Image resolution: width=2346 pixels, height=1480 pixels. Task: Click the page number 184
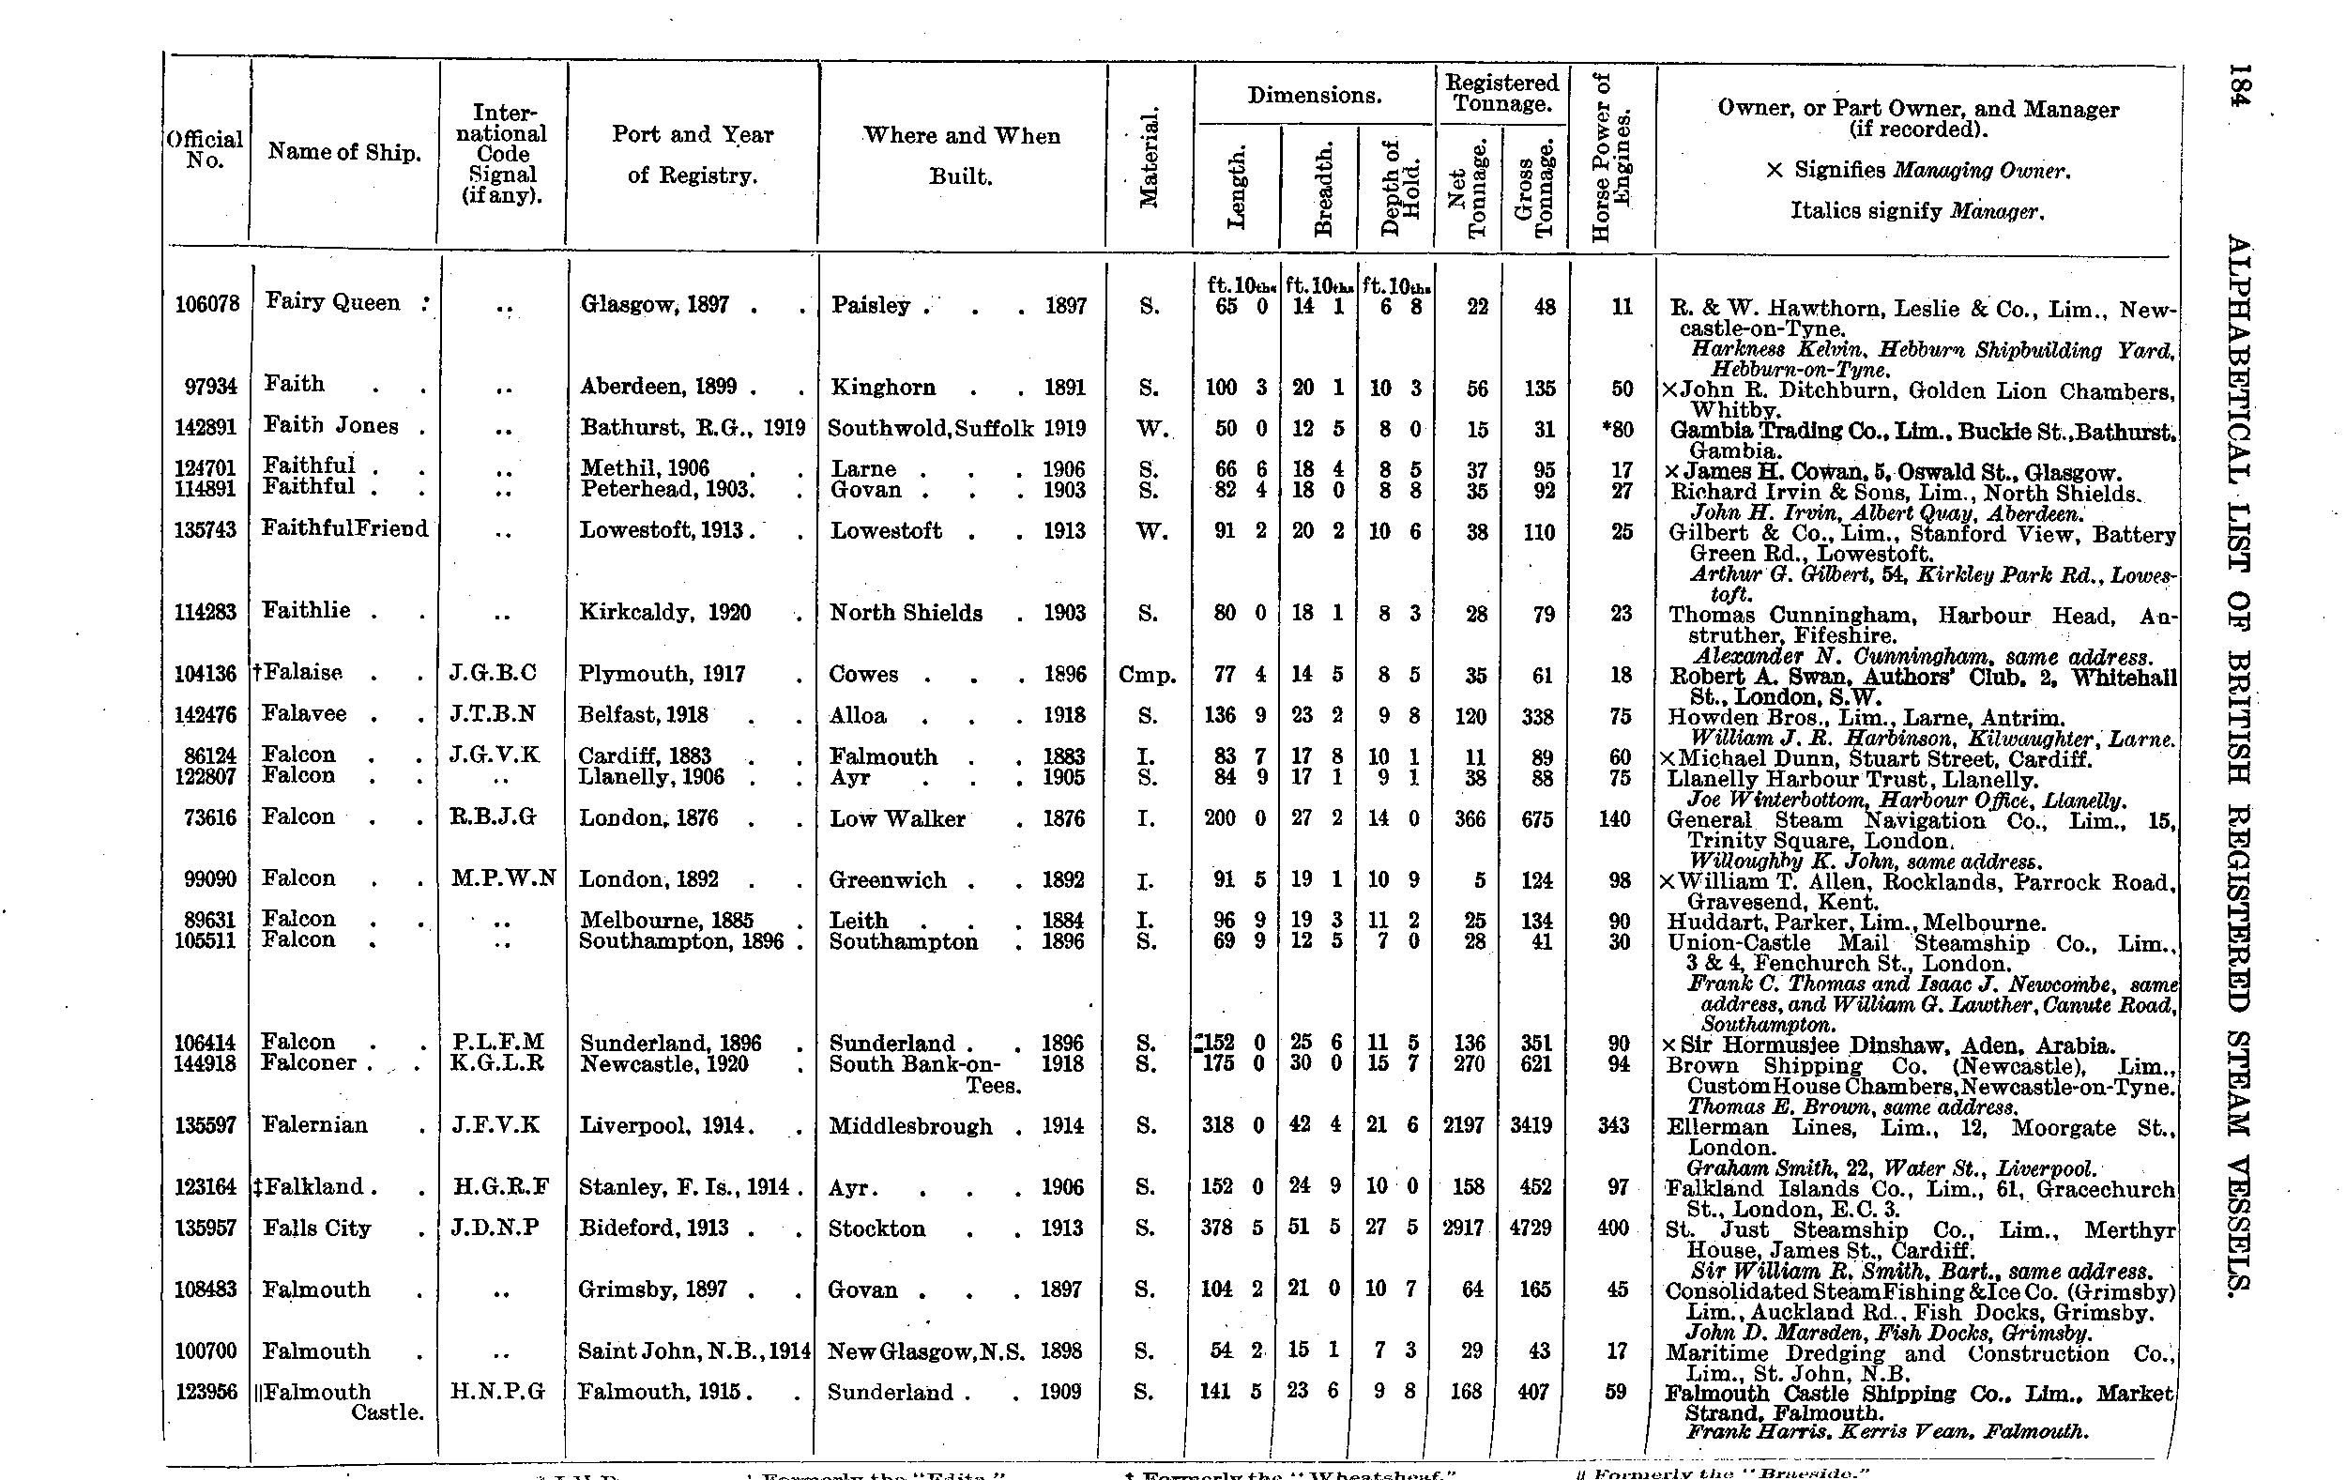[2240, 99]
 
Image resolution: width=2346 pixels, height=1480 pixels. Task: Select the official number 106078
[206, 305]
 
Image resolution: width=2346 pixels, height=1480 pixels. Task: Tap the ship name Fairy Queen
[332, 302]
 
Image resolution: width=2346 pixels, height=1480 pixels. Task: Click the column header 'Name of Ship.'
[343, 152]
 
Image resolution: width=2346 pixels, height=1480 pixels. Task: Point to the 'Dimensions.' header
[1315, 96]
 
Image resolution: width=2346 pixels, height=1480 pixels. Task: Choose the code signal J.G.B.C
[493, 673]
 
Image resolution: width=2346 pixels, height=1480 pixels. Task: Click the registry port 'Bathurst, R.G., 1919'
[693, 428]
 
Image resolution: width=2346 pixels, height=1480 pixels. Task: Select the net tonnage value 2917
[1463, 1228]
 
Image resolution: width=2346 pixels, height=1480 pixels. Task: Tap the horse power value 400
[1613, 1228]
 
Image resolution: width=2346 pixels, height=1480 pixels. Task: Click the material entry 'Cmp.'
[1148, 674]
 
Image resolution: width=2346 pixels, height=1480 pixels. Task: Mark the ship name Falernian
[314, 1125]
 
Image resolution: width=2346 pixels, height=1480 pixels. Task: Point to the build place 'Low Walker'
[896, 818]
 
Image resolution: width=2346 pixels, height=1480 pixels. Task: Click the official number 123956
[206, 1392]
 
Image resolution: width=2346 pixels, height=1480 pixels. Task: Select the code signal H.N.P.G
[496, 1392]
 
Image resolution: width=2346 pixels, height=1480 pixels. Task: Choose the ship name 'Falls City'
[316, 1228]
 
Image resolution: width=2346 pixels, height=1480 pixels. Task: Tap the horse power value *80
[1617, 430]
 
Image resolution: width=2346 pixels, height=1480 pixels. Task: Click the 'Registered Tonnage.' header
[1501, 94]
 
